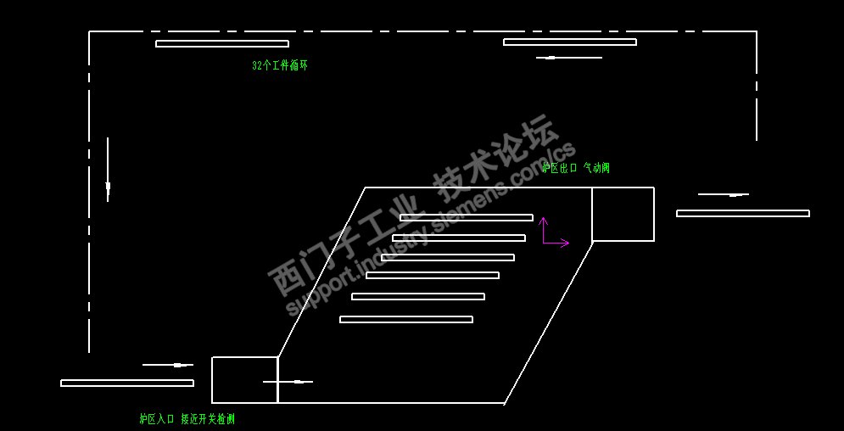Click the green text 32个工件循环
click(x=279, y=65)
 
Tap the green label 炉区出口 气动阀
click(x=576, y=168)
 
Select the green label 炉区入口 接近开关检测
click(x=187, y=418)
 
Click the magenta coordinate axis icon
click(x=553, y=233)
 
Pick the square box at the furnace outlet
click(x=623, y=214)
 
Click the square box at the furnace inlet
click(x=244, y=380)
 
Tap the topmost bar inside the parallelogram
click(x=467, y=218)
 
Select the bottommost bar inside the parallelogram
click(x=406, y=320)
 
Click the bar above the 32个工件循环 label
click(x=222, y=44)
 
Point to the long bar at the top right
click(x=570, y=42)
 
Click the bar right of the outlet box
click(x=743, y=214)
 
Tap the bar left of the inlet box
click(x=127, y=383)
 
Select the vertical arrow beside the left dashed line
click(x=108, y=170)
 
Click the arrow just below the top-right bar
click(x=568, y=58)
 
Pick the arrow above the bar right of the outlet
click(x=723, y=195)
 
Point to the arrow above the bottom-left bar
click(x=168, y=365)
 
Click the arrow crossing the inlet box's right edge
click(x=288, y=382)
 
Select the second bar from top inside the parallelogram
click(x=459, y=238)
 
